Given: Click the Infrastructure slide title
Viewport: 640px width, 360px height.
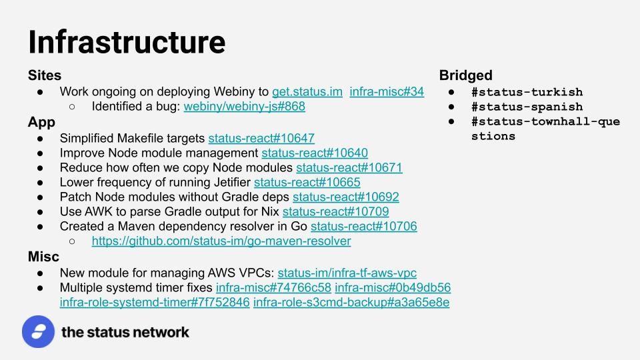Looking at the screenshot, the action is coord(127,42).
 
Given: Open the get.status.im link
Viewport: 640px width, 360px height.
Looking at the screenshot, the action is coord(307,92).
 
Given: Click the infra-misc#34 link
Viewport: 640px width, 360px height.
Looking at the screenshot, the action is coord(387,92).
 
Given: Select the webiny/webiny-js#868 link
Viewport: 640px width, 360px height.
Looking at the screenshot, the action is coord(245,107).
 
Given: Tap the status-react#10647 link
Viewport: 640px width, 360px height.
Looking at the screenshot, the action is coord(261,139).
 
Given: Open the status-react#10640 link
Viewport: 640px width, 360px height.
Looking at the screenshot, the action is coord(315,153).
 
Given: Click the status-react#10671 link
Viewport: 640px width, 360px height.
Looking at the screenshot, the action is coord(349,168).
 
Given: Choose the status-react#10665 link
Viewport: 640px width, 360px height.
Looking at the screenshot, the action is coord(307,183).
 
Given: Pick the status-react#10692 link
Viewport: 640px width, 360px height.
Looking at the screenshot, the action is coord(346,197).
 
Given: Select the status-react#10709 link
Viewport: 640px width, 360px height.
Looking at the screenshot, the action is coord(335,212).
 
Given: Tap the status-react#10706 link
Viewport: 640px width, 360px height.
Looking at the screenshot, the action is coord(364,227).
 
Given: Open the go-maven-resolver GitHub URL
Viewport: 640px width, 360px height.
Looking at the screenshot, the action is coord(221,241).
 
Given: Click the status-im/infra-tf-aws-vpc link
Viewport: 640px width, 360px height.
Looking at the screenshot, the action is coord(347,273).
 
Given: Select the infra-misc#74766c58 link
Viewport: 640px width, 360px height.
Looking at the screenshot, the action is coord(273,288).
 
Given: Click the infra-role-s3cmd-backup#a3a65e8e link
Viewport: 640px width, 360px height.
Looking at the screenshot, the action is coord(351,303).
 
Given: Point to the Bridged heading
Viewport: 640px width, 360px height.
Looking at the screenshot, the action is coord(466,75).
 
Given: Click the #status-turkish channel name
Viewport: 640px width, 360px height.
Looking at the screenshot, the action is coord(527,92).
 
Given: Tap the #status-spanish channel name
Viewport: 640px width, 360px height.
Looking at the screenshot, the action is coord(527,107).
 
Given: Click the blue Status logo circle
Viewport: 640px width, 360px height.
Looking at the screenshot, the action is coord(39,332).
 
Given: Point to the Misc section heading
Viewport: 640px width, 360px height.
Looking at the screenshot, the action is coord(43,257).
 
